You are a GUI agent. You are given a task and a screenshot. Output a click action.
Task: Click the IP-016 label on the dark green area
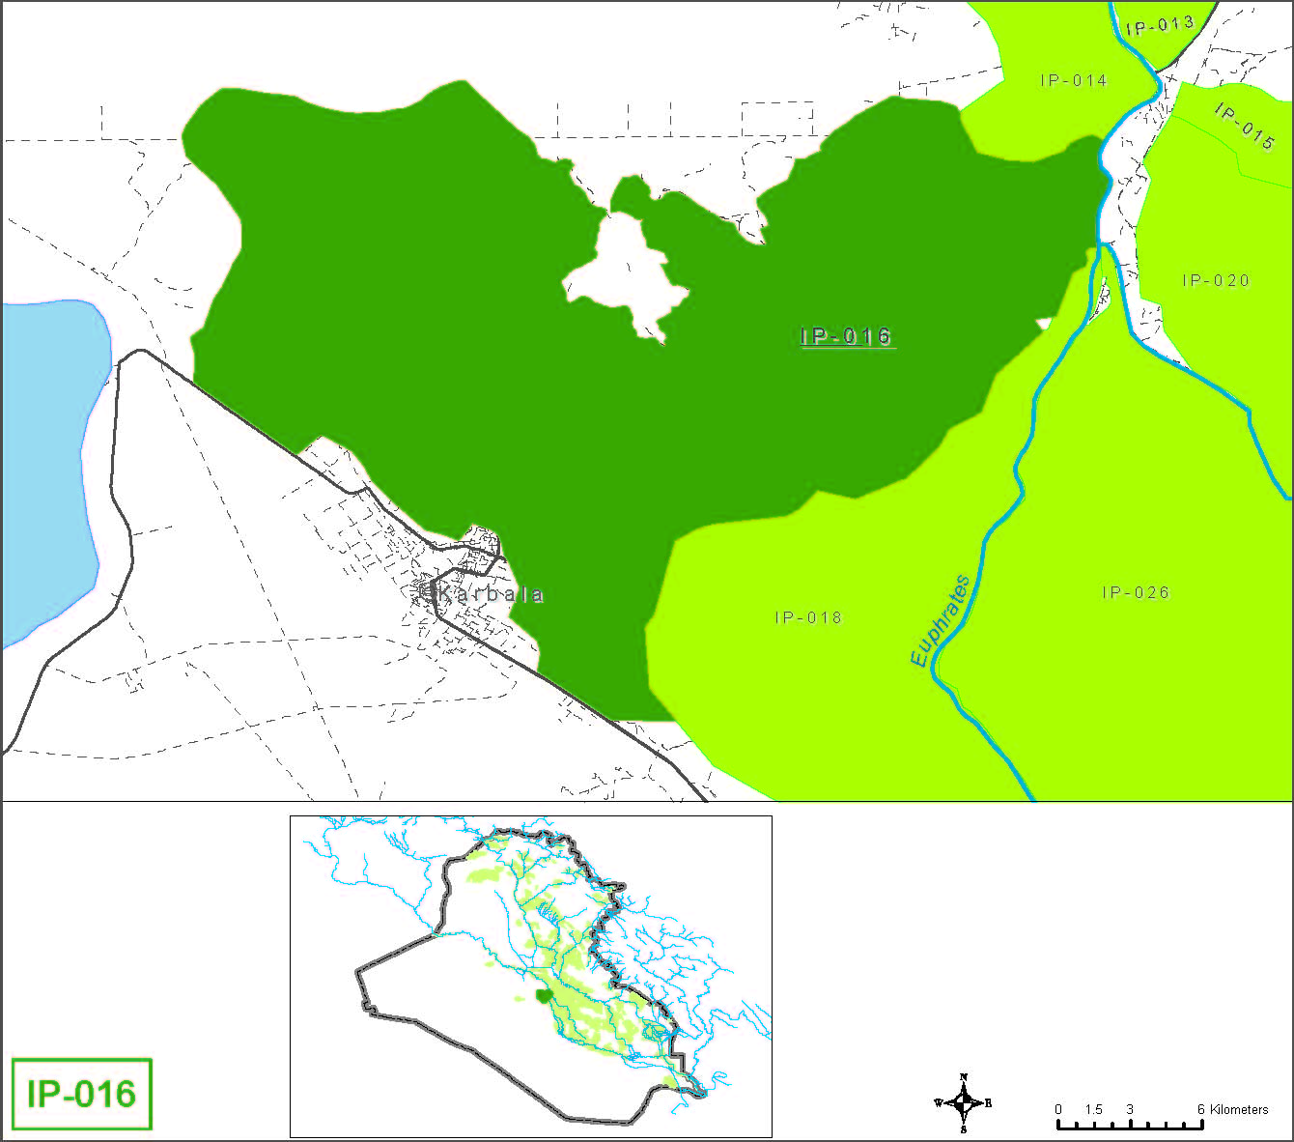847,336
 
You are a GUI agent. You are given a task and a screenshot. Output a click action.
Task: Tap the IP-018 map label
808,617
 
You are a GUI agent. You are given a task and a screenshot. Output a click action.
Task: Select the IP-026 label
1136,592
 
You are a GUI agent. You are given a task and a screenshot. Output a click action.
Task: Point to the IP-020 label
1216,280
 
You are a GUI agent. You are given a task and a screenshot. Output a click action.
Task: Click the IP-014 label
1074,80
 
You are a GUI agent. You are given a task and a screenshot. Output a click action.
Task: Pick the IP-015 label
1246,127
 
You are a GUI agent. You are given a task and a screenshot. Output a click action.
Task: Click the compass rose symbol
964,1102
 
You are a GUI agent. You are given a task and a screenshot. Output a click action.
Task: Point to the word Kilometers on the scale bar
1239,1109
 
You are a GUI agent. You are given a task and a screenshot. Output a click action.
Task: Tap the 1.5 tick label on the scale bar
1093,1109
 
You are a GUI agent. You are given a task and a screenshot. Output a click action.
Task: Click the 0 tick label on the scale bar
1058,1109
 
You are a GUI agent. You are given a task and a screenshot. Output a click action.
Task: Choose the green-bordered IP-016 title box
82,1094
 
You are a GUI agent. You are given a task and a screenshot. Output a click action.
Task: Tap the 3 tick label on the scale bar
1129,1109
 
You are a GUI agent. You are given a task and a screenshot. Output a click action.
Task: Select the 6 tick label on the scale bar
1201,1109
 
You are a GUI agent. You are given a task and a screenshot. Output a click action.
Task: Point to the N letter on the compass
964,1077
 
